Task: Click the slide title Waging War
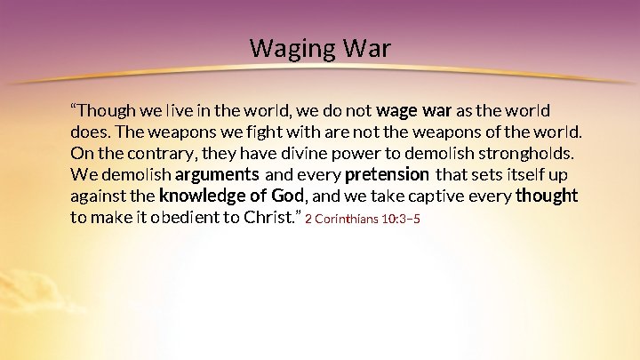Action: point(320,47)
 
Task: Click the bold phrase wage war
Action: point(414,111)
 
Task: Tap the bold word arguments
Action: point(217,174)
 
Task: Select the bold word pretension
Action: point(387,174)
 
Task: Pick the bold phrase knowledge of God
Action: point(232,196)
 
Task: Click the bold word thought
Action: point(546,196)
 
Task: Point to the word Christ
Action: point(271,217)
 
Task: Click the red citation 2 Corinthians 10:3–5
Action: point(363,219)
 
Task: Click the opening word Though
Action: point(100,111)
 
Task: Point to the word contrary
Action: point(164,153)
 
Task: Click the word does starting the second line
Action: point(87,132)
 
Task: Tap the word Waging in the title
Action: point(286,47)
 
